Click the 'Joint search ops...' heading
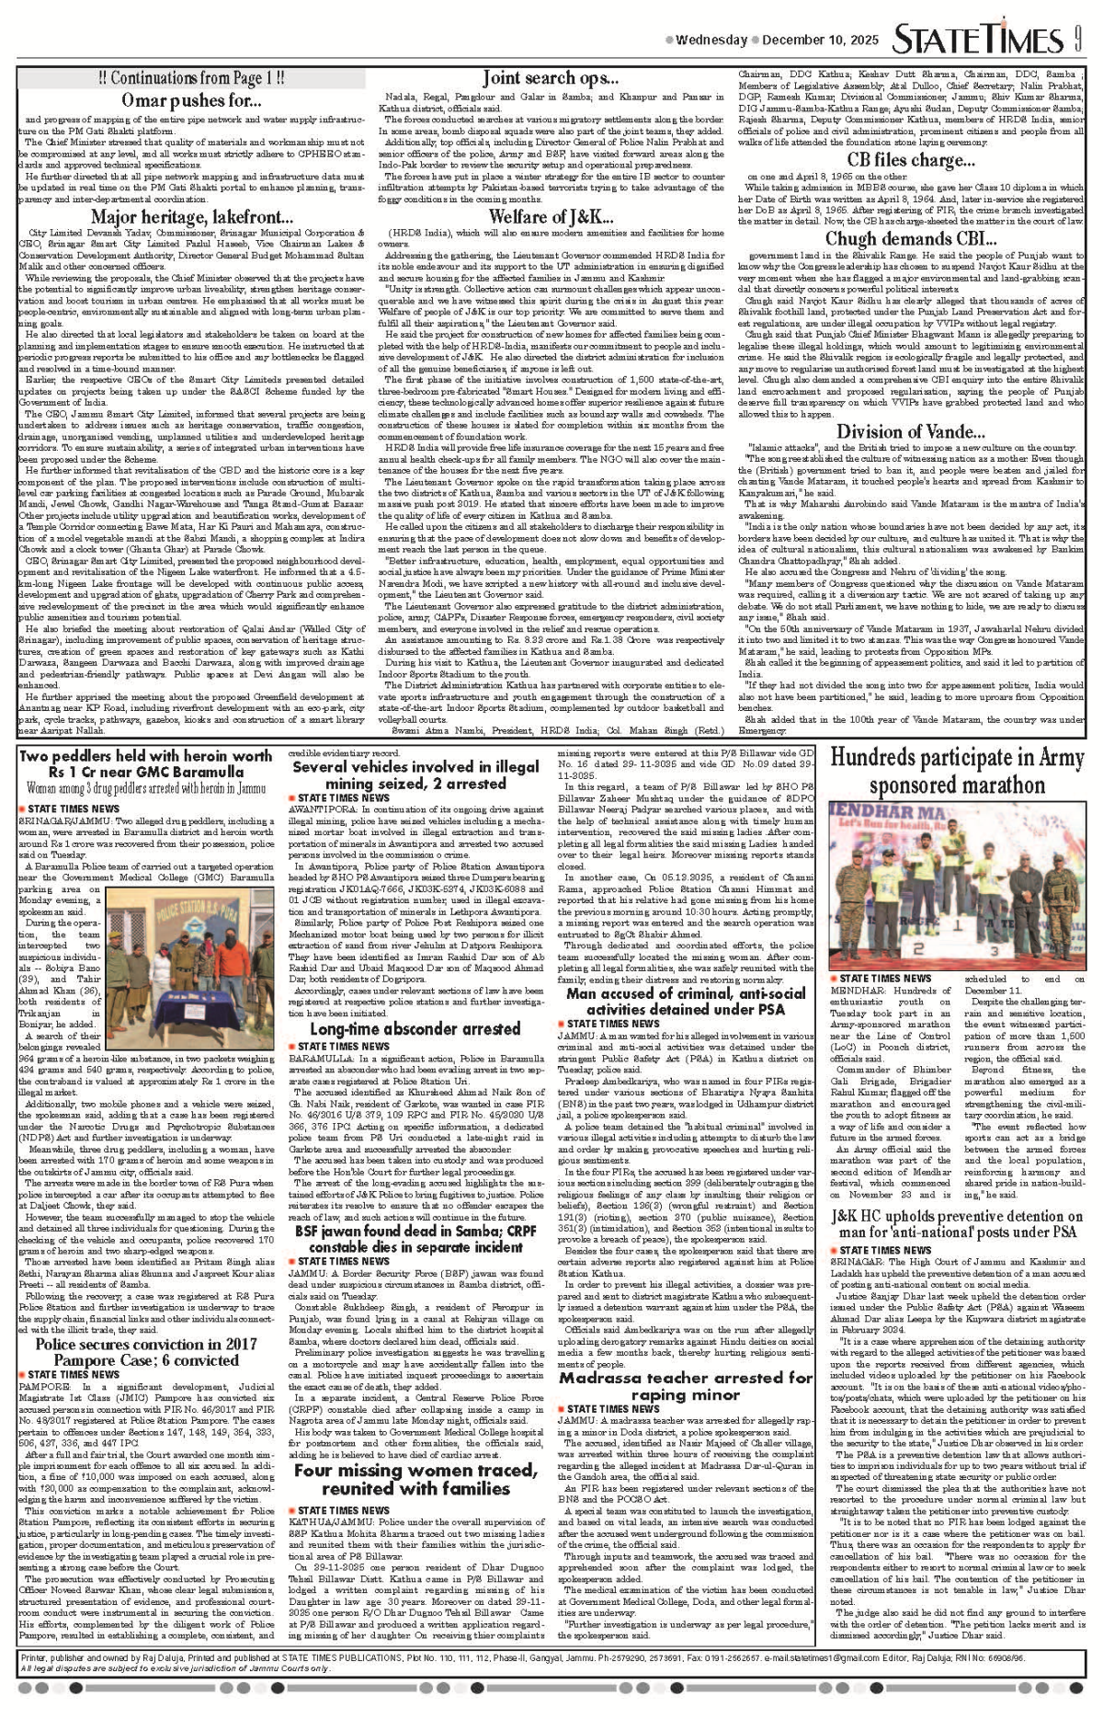[550, 78]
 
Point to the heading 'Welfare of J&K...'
[550, 217]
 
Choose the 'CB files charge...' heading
[911, 160]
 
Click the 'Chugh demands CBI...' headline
[911, 239]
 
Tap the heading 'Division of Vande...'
[911, 431]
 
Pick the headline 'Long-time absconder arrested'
[415, 1029]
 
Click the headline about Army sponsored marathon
[957, 772]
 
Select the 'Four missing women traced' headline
[415, 1479]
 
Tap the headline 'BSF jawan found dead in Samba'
[415, 1239]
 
